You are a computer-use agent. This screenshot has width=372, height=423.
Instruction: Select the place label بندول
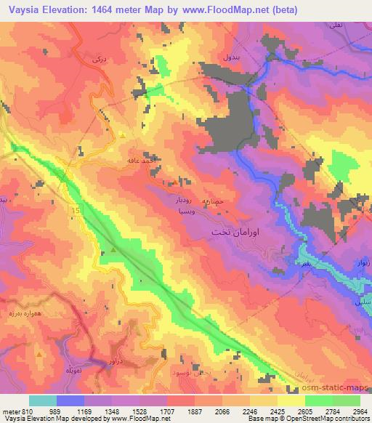[x=227, y=56]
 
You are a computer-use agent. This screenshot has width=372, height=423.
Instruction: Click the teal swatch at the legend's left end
[x=42, y=400]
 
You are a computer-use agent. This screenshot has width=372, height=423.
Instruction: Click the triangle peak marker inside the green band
[x=113, y=251]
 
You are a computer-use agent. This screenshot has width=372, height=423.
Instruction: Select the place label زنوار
[x=361, y=262]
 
